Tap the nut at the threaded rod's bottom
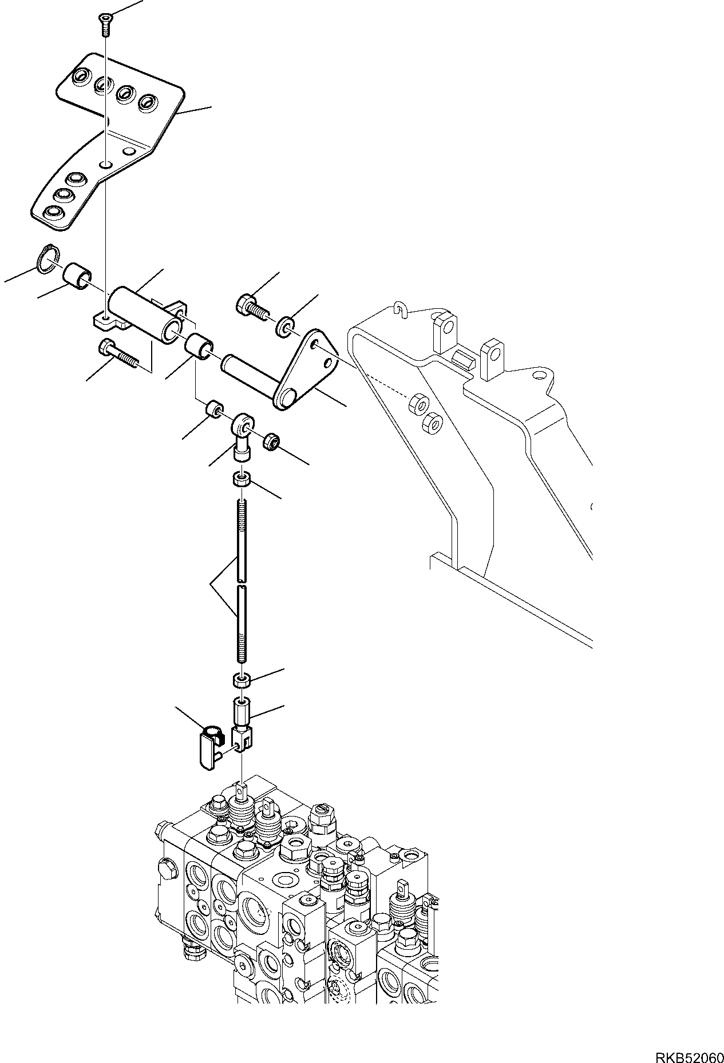pyautogui.click(x=242, y=680)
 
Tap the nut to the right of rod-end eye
pyautogui.click(x=271, y=441)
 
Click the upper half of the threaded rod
pyautogui.click(x=242, y=538)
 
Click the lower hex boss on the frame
pyautogui.click(x=433, y=423)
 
